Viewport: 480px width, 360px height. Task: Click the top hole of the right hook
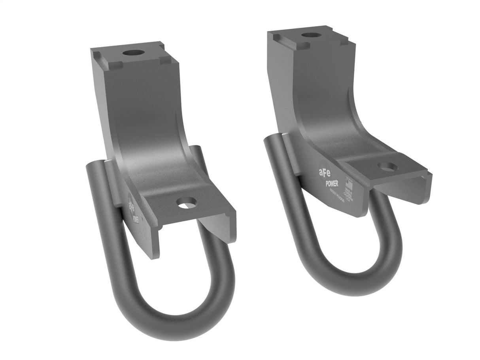point(311,35)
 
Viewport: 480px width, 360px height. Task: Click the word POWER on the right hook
point(331,183)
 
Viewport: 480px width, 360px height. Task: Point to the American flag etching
point(349,186)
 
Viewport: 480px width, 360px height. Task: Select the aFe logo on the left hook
point(131,205)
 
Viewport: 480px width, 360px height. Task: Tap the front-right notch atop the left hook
point(166,59)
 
